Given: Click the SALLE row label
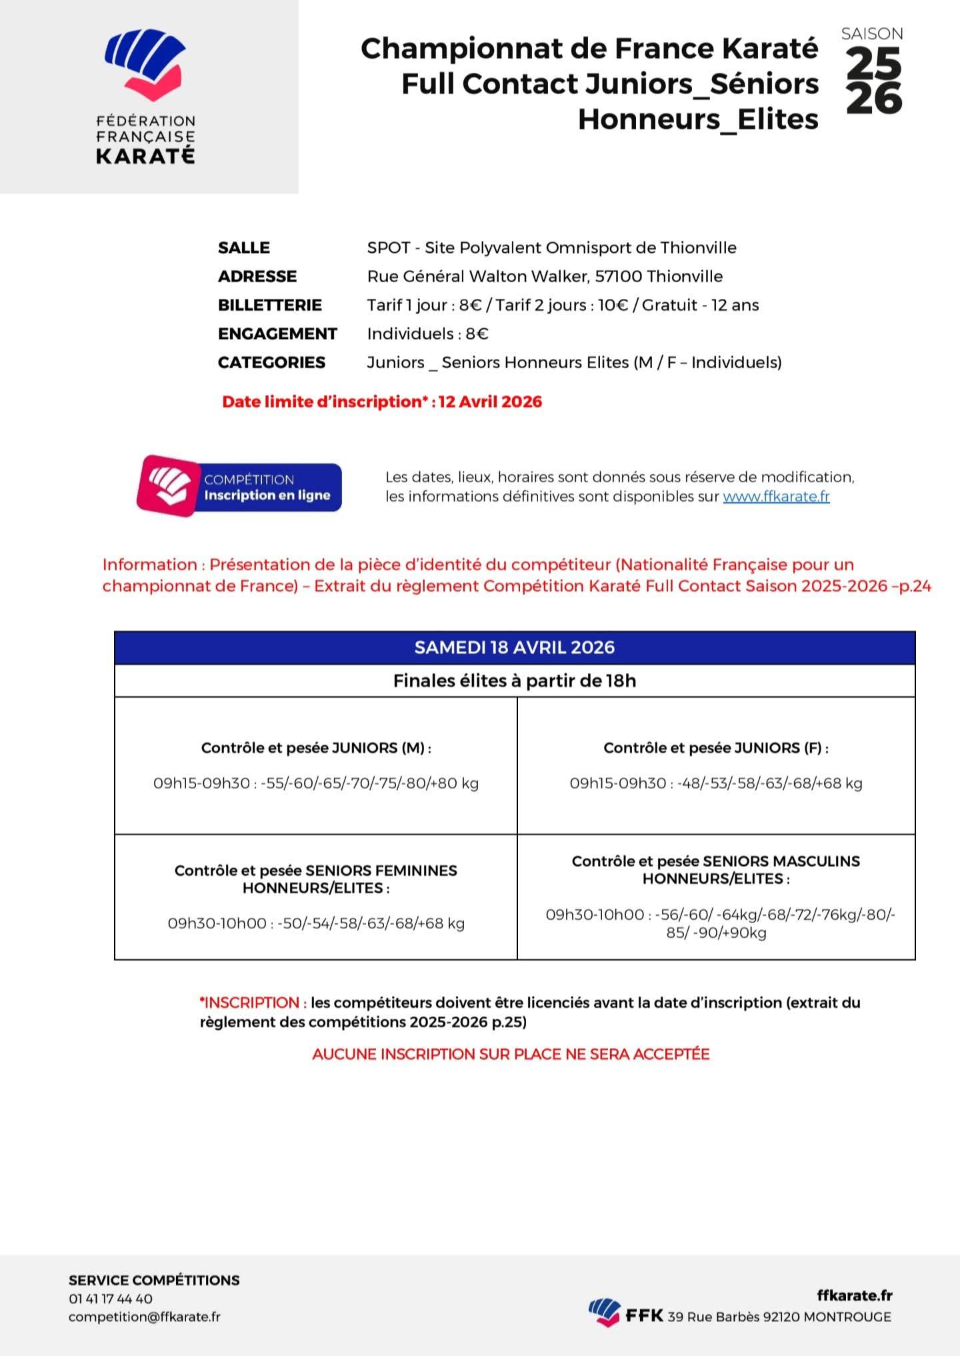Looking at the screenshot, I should [243, 248].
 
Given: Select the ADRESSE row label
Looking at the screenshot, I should [257, 277].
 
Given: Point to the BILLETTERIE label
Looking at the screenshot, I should [269, 305].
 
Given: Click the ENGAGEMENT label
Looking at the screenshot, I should [277, 334].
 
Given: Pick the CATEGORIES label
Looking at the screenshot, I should [271, 363].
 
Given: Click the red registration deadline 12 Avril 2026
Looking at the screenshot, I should [490, 402].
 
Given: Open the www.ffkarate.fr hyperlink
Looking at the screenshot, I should [776, 497].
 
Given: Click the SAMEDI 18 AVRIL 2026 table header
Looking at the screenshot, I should [514, 648].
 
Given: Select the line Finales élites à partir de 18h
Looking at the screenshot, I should [514, 681].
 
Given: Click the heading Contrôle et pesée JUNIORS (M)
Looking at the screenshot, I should [316, 748].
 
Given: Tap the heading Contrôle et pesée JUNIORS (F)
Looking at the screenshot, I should [716, 748].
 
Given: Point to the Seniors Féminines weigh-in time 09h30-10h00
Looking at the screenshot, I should [217, 924].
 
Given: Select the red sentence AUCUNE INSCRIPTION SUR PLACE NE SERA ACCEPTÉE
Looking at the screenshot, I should [511, 1055].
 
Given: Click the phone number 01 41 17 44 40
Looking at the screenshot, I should [111, 1299].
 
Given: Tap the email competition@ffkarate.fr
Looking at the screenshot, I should [144, 1317].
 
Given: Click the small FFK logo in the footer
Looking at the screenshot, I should [604, 1312].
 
